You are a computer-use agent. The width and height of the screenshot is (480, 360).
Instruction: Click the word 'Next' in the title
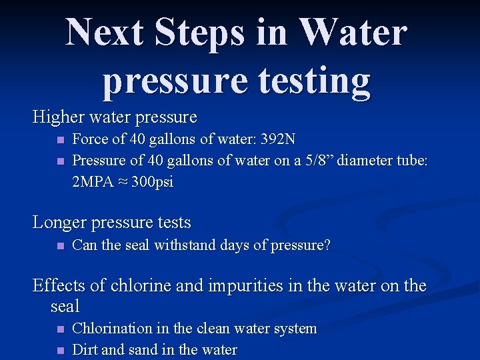point(107,32)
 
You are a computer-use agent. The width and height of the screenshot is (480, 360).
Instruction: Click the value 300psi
point(153,182)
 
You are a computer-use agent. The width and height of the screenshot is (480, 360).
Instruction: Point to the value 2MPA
point(93,182)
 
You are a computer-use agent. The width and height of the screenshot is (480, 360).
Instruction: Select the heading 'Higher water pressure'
point(115,117)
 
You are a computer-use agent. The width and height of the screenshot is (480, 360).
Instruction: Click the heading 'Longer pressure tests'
point(112,222)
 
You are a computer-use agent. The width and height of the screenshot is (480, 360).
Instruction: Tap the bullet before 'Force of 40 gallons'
point(60,140)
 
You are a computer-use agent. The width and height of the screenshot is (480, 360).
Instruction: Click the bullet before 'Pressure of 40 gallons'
point(60,161)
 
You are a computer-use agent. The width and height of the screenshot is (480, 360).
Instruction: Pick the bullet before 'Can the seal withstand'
point(60,245)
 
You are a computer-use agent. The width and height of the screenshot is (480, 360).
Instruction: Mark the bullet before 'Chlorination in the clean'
point(60,329)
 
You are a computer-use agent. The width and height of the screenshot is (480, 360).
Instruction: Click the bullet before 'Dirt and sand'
point(60,350)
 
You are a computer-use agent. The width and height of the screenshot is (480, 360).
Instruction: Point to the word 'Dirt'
point(83,350)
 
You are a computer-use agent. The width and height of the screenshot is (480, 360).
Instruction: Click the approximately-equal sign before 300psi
point(125,183)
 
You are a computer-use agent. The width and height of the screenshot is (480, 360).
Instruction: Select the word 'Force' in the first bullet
point(89,139)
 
